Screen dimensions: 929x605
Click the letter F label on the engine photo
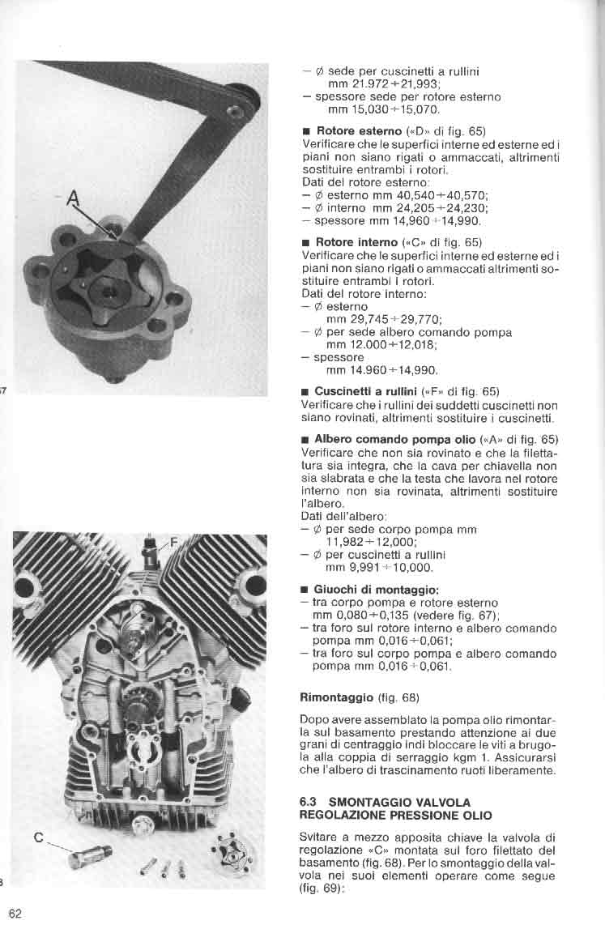point(173,542)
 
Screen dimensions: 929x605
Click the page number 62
point(15,914)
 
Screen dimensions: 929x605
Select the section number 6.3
point(309,803)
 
